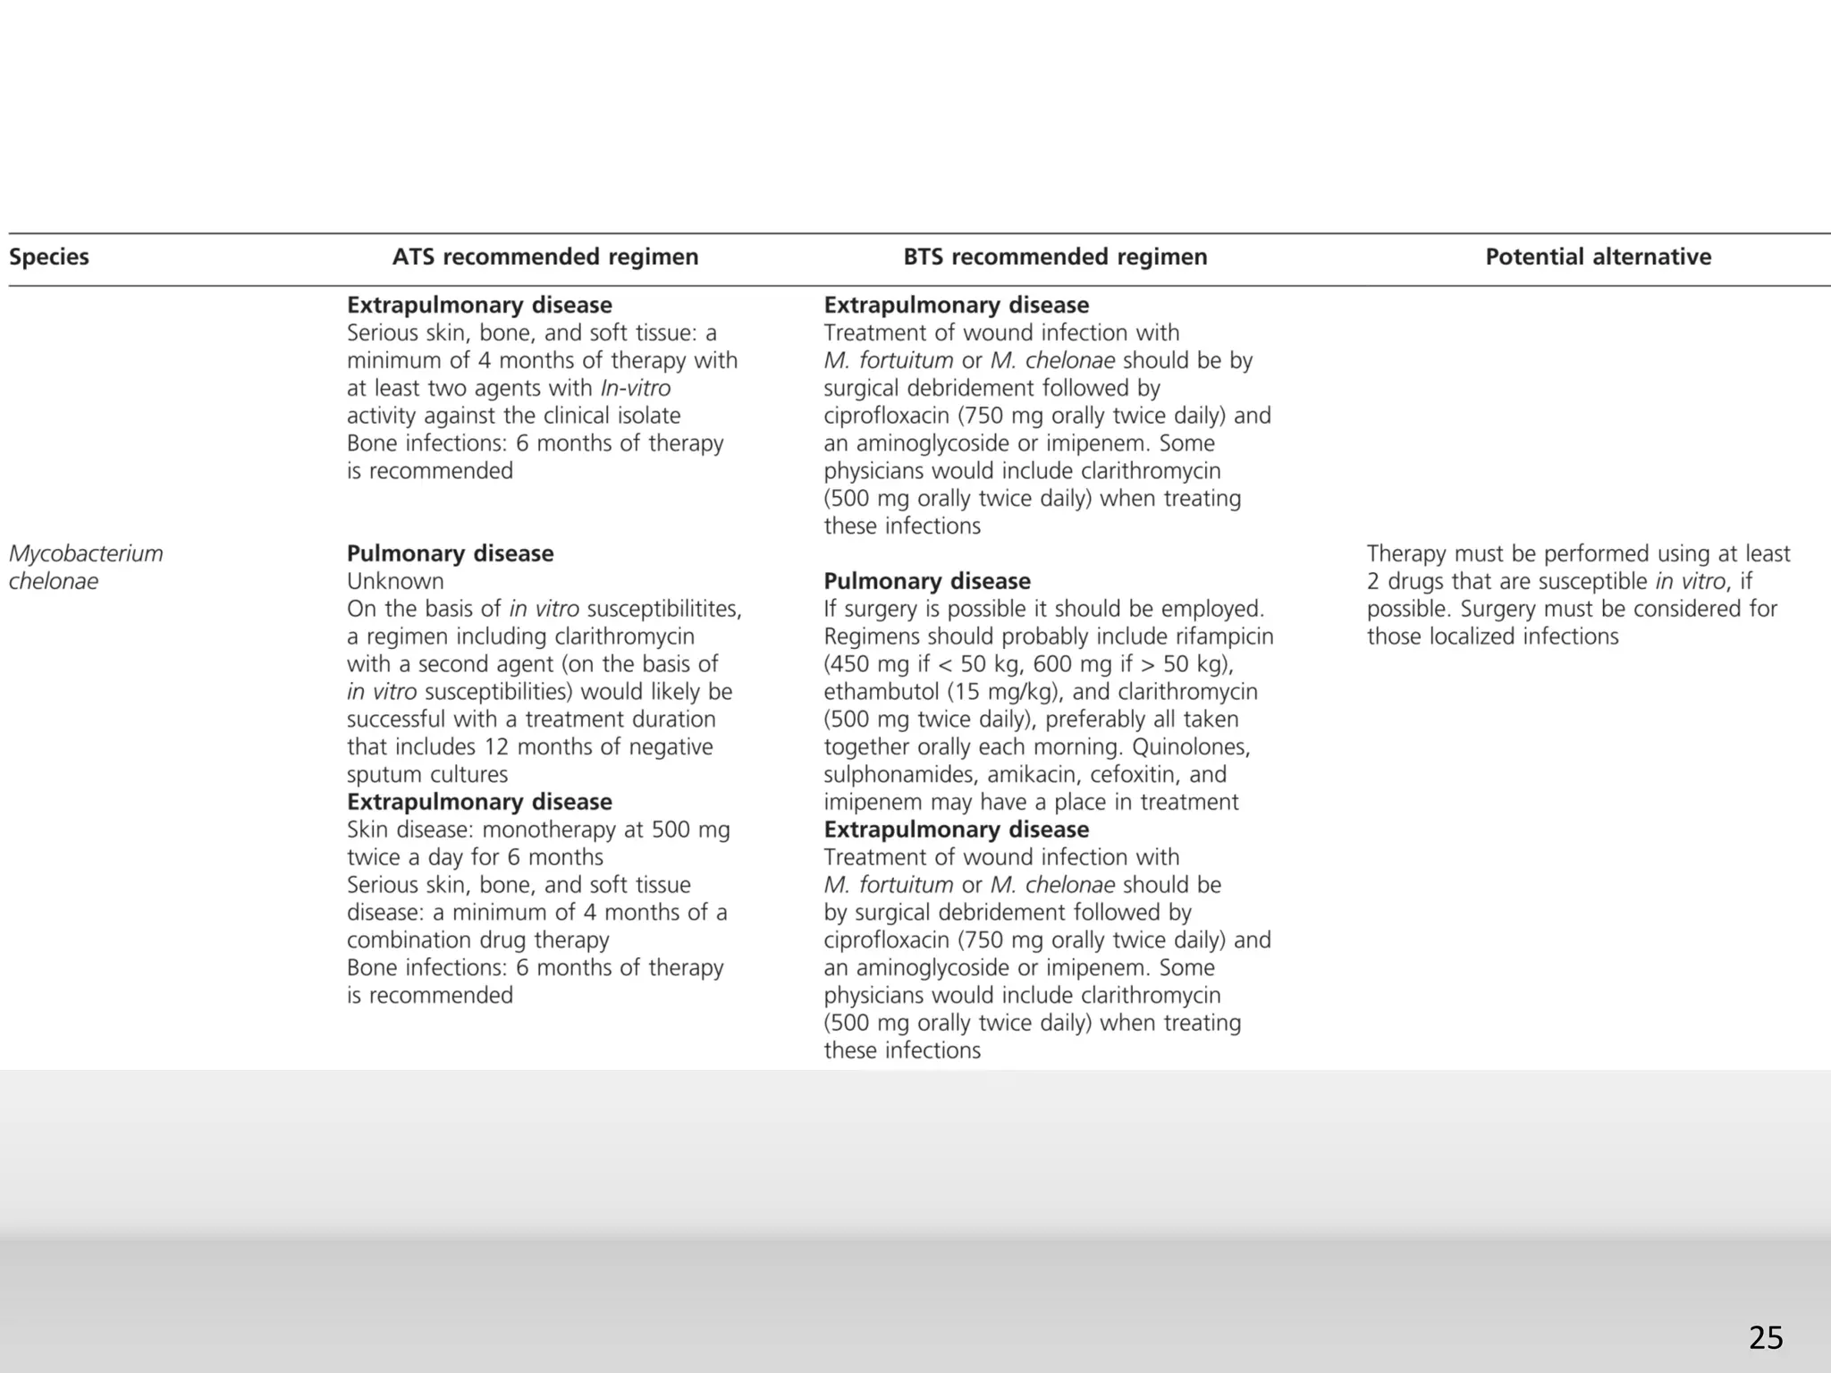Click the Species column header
(x=49, y=257)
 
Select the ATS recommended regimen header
(x=545, y=257)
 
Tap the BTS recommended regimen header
(x=1055, y=257)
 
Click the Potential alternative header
(x=1598, y=257)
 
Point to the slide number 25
(x=1765, y=1338)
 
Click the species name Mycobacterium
(x=86, y=554)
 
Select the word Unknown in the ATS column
(x=395, y=582)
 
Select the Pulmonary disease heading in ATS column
(x=450, y=554)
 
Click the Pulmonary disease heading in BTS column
(x=927, y=582)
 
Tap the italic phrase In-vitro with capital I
(x=635, y=389)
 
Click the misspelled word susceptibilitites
(x=663, y=610)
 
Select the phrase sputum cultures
(x=427, y=775)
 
